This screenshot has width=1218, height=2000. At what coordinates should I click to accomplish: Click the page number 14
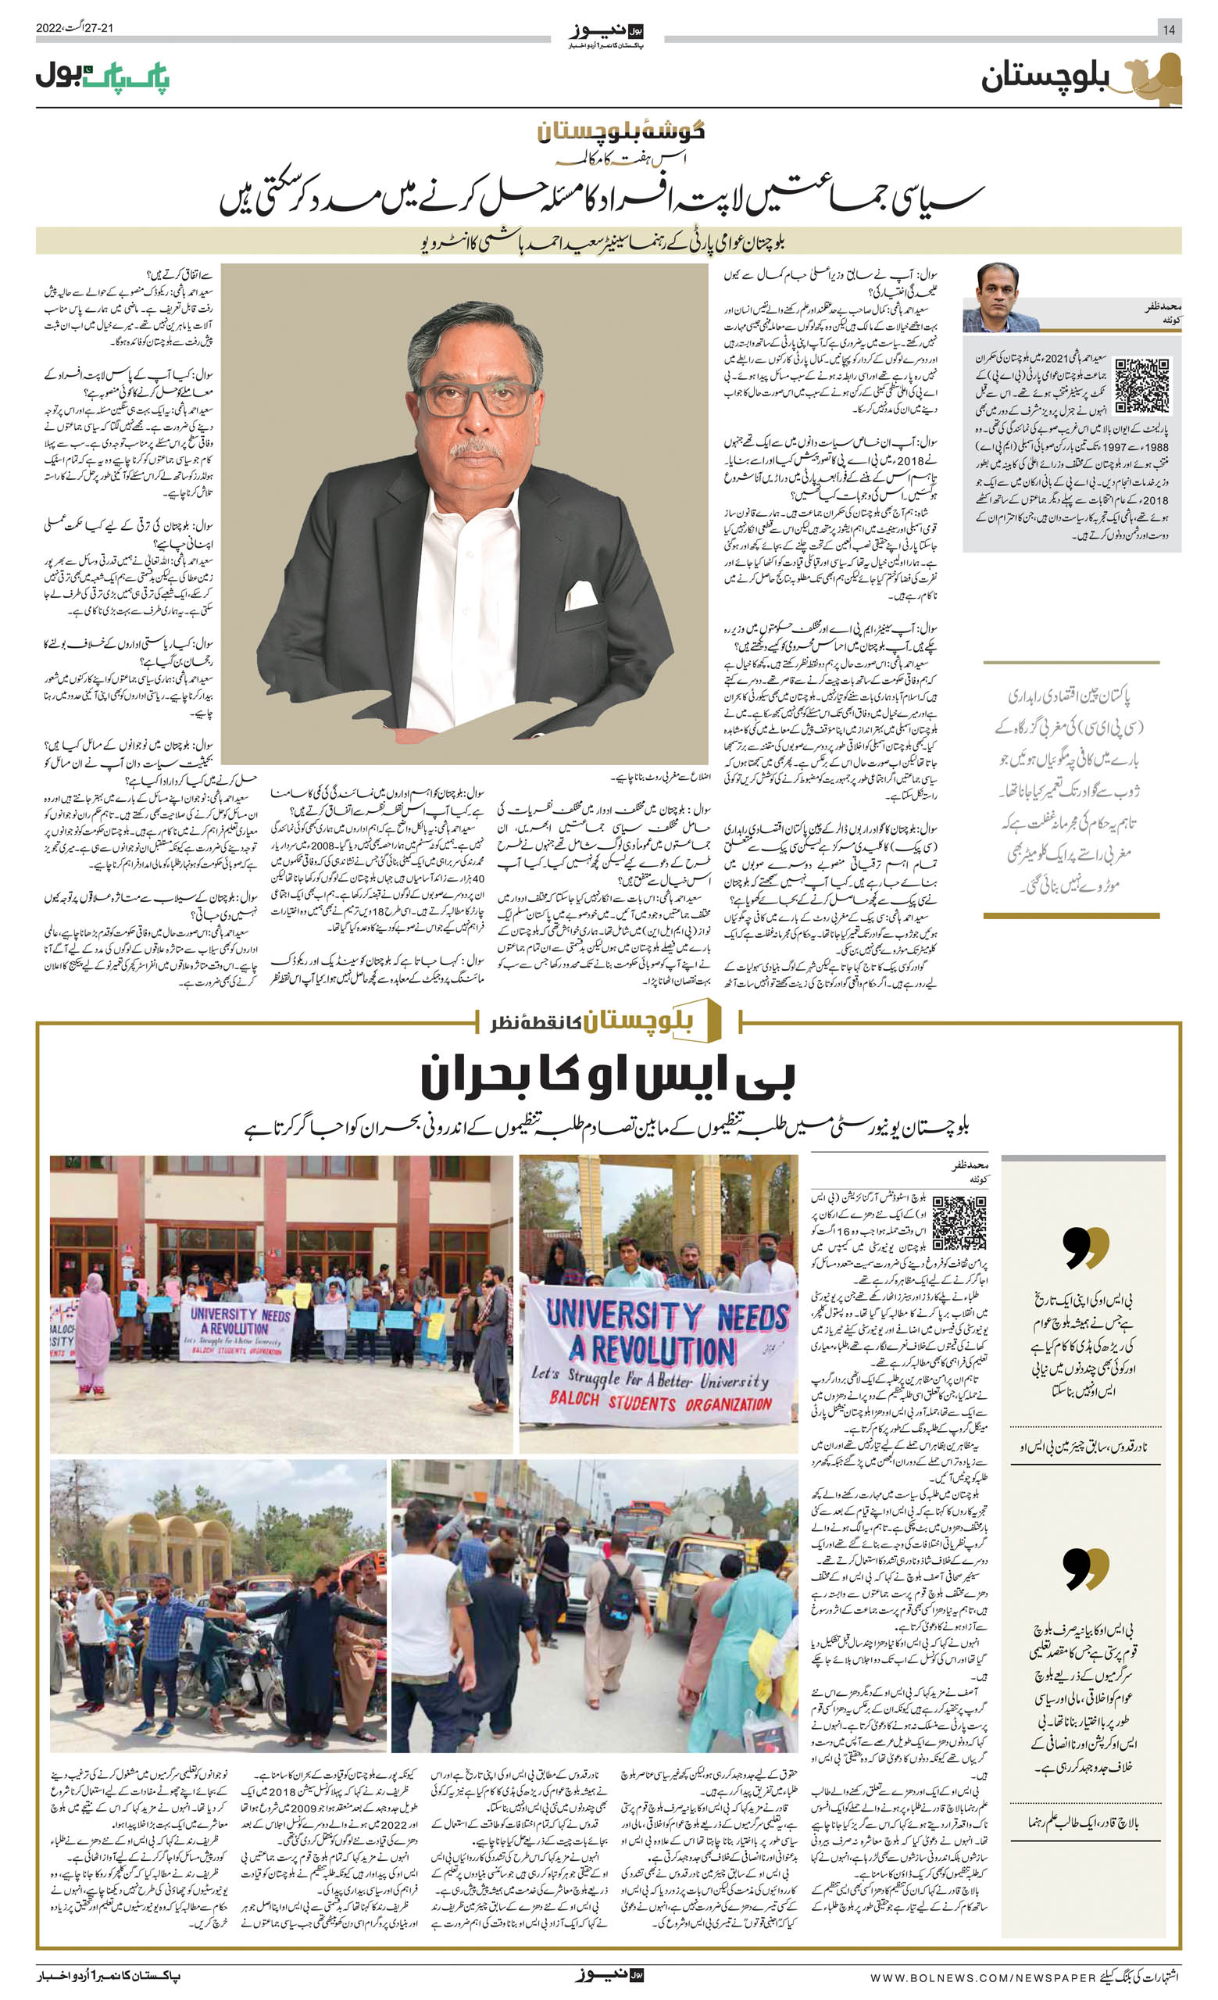pos(1169,30)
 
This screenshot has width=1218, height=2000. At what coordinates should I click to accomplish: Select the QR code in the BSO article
pos(959,1222)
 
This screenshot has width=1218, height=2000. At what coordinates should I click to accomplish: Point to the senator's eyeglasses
pos(476,399)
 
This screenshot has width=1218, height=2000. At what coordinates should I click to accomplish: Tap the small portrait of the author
pos(1001,297)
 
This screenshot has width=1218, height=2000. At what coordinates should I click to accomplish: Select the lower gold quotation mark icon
pos(1085,1568)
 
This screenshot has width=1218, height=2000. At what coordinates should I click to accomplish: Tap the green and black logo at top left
pos(102,78)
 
